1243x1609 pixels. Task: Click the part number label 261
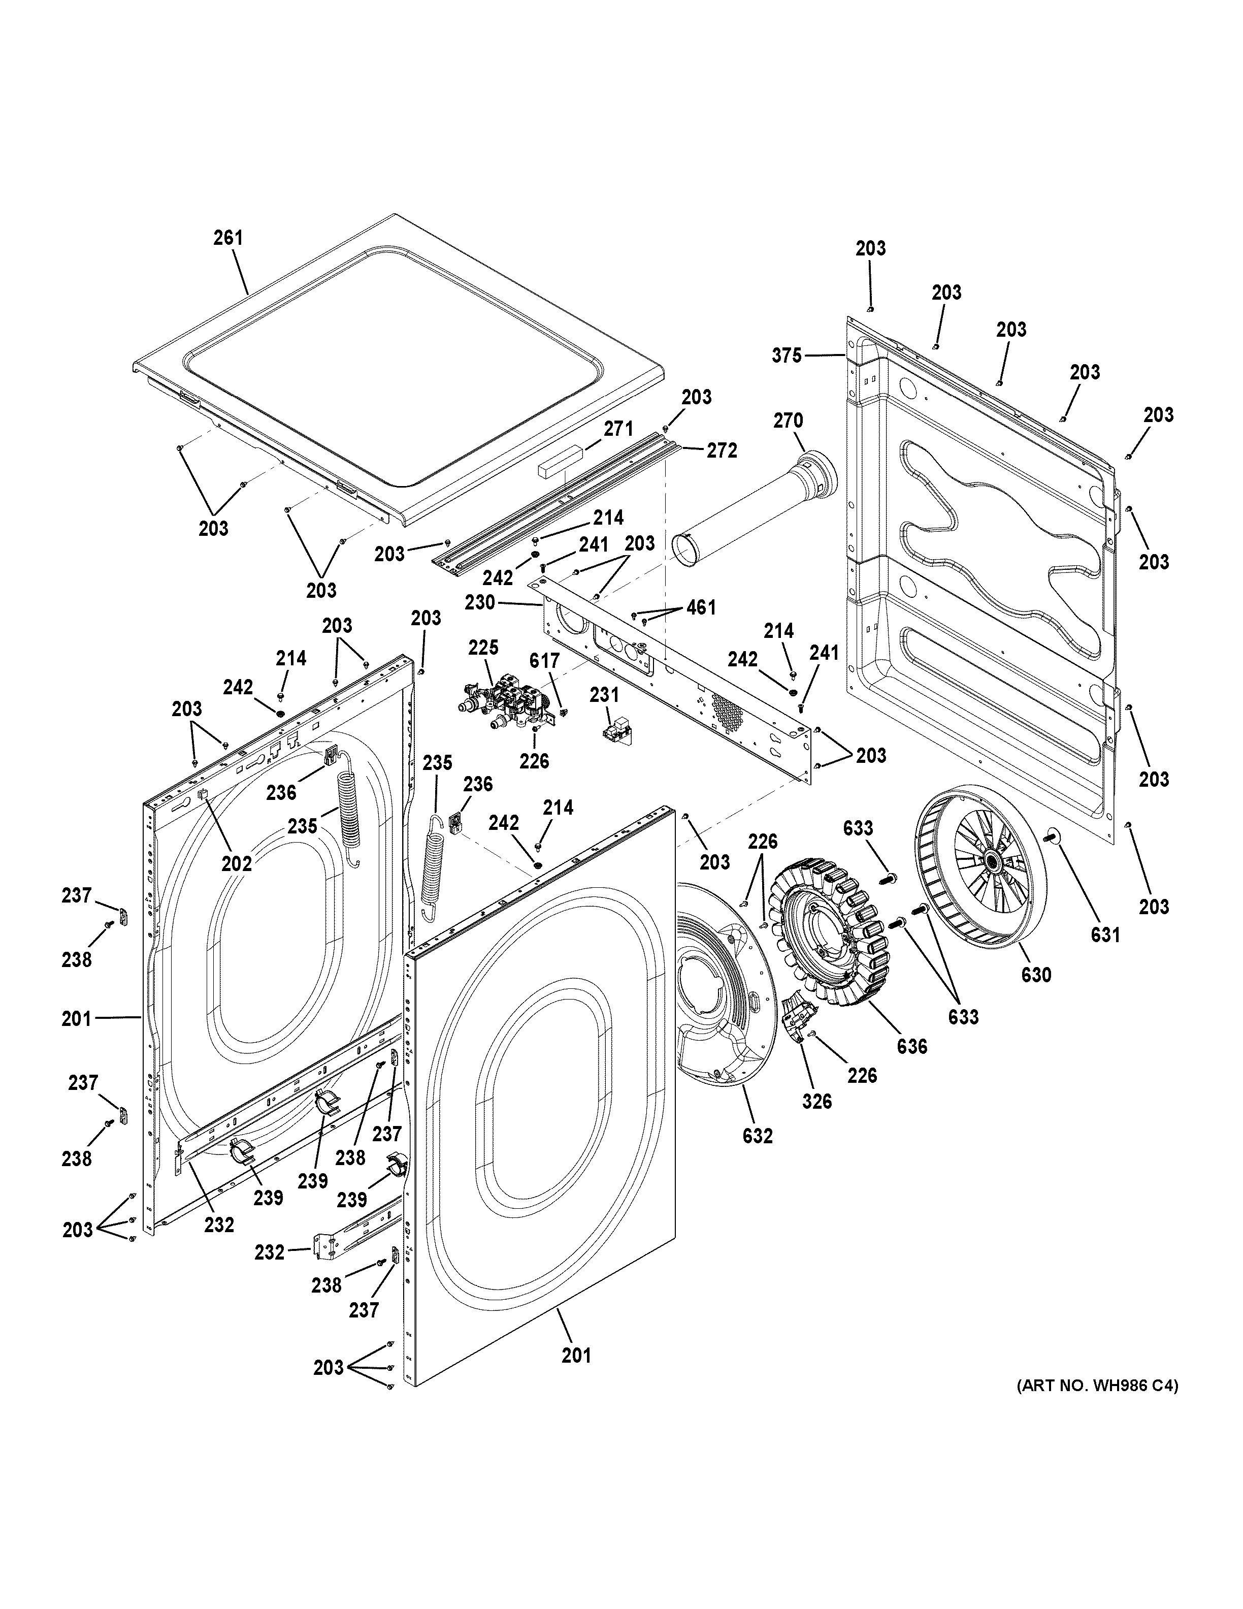[228, 238]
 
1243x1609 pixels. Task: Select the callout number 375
[787, 356]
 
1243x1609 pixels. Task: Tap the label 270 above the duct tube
[788, 421]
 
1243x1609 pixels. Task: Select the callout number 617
[544, 661]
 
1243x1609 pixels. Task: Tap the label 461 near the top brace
[701, 608]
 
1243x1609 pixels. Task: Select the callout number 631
[1105, 935]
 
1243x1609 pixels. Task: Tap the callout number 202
[237, 863]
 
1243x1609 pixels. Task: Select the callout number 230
[480, 603]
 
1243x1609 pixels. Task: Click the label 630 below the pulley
[1036, 975]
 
